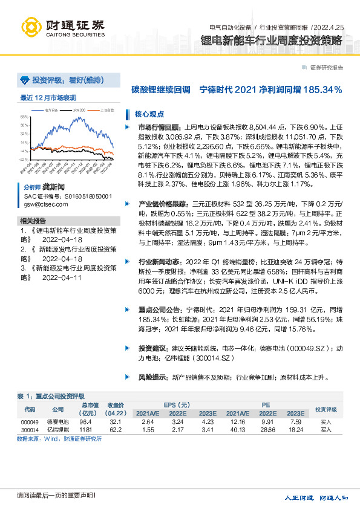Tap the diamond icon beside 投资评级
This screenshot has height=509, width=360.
tap(25, 80)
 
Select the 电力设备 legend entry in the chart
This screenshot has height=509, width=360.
tap(51, 111)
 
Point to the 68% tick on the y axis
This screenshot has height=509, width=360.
tap(24, 117)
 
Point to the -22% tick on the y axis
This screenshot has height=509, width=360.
tap(24, 159)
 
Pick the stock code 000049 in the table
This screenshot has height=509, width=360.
tap(29, 421)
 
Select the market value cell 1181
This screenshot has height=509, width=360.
tap(85, 429)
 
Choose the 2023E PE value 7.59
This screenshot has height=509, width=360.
tap(295, 421)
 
